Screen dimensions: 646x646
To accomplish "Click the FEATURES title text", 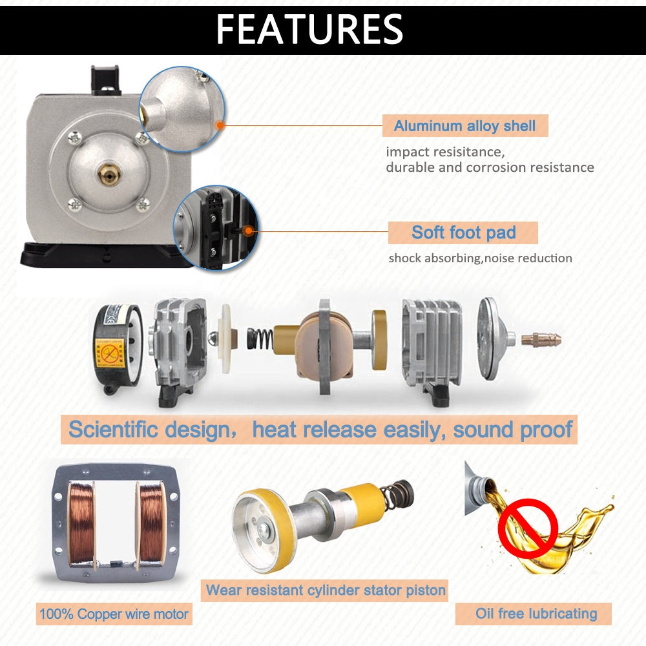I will click(x=309, y=29).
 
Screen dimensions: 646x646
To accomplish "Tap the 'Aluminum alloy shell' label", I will click(x=464, y=126).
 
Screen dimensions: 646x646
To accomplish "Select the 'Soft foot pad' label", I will click(x=463, y=233).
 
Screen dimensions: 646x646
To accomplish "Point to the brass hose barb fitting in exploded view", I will click(x=541, y=339).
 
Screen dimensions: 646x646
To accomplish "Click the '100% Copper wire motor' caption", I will click(x=113, y=614).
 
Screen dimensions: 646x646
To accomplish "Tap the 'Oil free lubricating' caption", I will click(x=536, y=614).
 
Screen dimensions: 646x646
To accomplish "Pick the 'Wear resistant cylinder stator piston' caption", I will click(x=326, y=590).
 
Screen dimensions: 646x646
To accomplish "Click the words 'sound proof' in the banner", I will click(x=512, y=430).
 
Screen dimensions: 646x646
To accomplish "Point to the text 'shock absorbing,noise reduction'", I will click(x=480, y=258).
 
